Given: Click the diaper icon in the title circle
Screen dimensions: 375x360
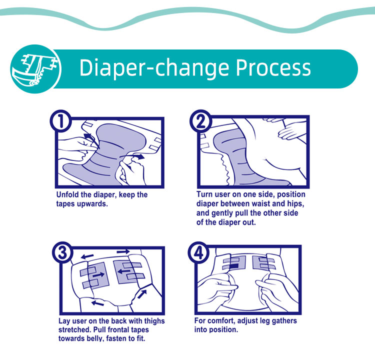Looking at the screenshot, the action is (x=36, y=69).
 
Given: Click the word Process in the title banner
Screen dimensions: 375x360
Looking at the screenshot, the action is (x=273, y=67).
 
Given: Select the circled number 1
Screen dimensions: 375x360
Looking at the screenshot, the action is (x=61, y=121).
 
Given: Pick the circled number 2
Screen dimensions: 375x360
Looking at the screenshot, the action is (x=201, y=121).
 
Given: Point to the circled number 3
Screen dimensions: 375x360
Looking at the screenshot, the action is (x=63, y=252).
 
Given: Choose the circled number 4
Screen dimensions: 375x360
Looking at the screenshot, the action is (x=198, y=252).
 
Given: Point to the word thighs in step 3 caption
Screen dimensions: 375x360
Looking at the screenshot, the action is (x=154, y=321).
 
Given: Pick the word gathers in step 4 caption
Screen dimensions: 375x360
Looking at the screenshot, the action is (x=284, y=321).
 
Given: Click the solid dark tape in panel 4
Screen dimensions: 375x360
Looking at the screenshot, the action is (x=234, y=266).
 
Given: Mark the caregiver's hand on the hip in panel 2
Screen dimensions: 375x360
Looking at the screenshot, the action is (x=287, y=132).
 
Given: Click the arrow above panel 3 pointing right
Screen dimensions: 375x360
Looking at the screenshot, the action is (x=123, y=251).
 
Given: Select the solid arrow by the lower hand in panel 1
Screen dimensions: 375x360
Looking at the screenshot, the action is (x=138, y=156).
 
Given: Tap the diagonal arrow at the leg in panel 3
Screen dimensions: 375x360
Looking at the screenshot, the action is (x=142, y=294).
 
